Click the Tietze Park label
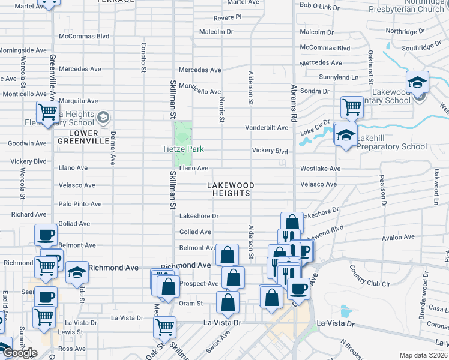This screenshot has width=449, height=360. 183,149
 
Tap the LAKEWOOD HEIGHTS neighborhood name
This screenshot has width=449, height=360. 231,190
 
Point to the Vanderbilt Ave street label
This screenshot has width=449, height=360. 267,128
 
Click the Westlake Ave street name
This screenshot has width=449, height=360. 320,169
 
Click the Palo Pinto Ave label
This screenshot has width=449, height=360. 80,204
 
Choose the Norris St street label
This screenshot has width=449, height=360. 221,110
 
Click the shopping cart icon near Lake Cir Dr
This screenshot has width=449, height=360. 352,107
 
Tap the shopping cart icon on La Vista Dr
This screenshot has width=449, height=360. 164,327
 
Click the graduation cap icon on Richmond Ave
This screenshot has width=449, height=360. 77,272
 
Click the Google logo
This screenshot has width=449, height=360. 20,353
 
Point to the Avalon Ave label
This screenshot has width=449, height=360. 397,238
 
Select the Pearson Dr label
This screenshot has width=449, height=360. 382,191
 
